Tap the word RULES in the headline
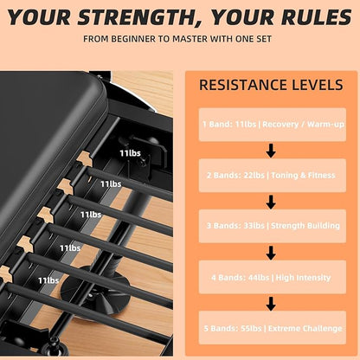tap(317, 17)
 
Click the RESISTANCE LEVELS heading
tap(271, 85)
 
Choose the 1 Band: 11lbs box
tap(273, 125)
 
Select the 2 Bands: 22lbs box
tap(273, 176)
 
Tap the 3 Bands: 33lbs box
tap(273, 226)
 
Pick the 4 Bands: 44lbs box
tap(273, 277)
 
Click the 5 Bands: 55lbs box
tap(273, 328)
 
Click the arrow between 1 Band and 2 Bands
tap(271, 151)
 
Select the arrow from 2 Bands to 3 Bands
tap(271, 202)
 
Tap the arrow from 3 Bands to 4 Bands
tap(271, 253)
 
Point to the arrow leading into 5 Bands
tap(271, 304)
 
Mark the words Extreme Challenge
tap(305, 328)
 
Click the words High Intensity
tap(303, 278)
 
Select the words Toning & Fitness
tap(303, 176)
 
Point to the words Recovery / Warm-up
tap(303, 125)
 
